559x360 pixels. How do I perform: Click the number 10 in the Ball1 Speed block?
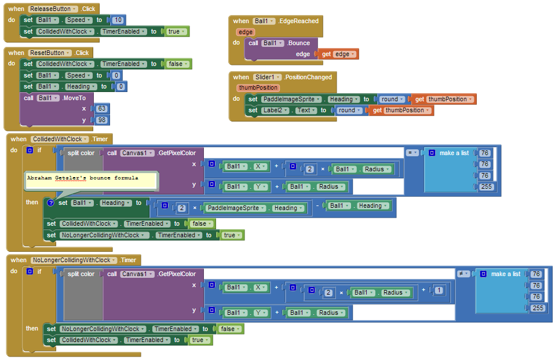(x=118, y=20)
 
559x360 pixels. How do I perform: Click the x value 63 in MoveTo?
(x=103, y=109)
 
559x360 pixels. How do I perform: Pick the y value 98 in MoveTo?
(x=103, y=120)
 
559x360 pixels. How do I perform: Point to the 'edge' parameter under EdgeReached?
(x=246, y=32)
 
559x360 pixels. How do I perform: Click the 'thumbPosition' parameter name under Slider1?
(x=258, y=88)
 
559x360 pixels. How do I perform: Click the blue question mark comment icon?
(x=50, y=203)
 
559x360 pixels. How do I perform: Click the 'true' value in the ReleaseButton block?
(x=174, y=31)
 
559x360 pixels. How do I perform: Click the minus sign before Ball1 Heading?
(x=318, y=205)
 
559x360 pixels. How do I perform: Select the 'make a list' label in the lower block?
(x=505, y=274)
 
